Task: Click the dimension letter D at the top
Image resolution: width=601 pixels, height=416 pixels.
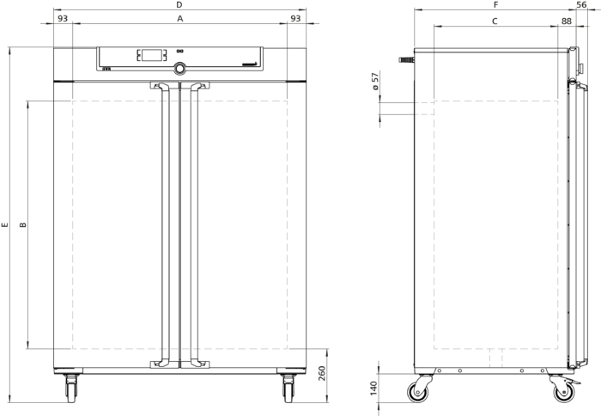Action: (x=179, y=4)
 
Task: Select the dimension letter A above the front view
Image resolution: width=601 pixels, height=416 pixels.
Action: (x=179, y=18)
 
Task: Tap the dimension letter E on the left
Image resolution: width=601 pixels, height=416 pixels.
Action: (x=4, y=224)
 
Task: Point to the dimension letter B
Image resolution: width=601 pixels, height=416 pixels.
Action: (x=23, y=224)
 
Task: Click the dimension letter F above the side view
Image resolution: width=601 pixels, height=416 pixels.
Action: (x=495, y=4)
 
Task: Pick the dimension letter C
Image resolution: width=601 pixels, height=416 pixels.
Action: (x=495, y=21)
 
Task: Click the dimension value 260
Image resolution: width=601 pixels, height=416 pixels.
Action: (x=322, y=373)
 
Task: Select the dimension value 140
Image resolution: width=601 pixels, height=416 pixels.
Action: (x=373, y=388)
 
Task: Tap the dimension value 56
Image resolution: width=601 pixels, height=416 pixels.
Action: (x=581, y=4)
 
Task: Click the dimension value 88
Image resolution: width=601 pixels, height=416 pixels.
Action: (x=567, y=21)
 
